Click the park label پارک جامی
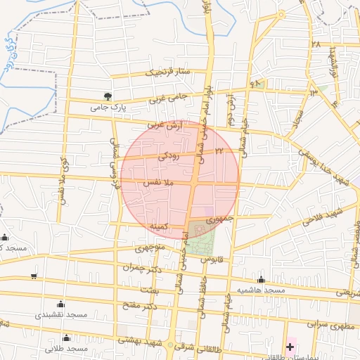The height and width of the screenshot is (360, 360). [x=107, y=109]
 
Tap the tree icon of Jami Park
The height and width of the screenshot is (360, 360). [x=107, y=96]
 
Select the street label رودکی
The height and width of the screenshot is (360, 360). [x=169, y=157]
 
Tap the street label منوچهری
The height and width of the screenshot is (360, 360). [x=149, y=248]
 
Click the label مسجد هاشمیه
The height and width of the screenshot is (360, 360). [x=261, y=290]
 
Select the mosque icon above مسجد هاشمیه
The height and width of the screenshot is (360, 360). [x=261, y=279]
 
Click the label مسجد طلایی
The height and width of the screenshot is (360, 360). [x=67, y=348]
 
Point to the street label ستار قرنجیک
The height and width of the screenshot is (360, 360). [x=169, y=72]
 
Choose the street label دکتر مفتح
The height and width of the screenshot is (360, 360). [x=141, y=305]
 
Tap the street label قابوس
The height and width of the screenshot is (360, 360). [x=212, y=259]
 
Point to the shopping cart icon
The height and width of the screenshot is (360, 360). [x=34, y=276]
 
